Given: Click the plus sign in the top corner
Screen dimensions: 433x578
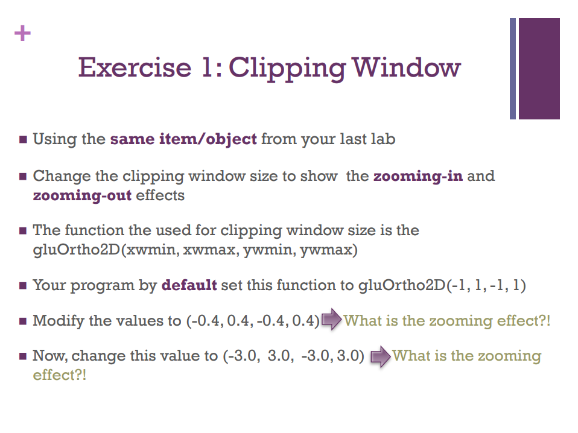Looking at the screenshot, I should click(x=22, y=33).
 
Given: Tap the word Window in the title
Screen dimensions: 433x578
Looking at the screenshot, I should click(x=407, y=67).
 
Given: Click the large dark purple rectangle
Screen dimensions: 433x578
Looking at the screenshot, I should click(x=539, y=68).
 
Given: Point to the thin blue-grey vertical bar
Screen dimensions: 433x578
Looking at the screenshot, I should click(x=513, y=68).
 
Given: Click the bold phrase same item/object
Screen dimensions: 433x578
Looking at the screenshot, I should click(x=183, y=139).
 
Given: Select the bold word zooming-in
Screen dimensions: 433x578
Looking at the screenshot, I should click(x=418, y=176).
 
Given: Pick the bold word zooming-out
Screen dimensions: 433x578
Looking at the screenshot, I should click(x=82, y=195).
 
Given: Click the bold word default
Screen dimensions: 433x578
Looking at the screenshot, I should click(x=189, y=285).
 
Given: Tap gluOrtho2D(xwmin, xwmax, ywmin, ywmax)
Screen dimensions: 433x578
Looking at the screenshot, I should click(x=195, y=250).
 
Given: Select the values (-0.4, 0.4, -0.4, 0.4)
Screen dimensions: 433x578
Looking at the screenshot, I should click(x=252, y=320).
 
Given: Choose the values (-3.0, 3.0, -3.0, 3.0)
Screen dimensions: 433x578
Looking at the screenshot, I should click(x=294, y=356).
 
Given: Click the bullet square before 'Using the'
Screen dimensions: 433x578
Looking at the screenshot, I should click(x=23, y=140).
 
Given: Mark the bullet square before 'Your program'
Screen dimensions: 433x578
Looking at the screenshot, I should click(x=23, y=285).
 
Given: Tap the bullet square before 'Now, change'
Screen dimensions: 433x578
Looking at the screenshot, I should click(x=23, y=356).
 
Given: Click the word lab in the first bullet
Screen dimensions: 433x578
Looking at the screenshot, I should click(x=384, y=139).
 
